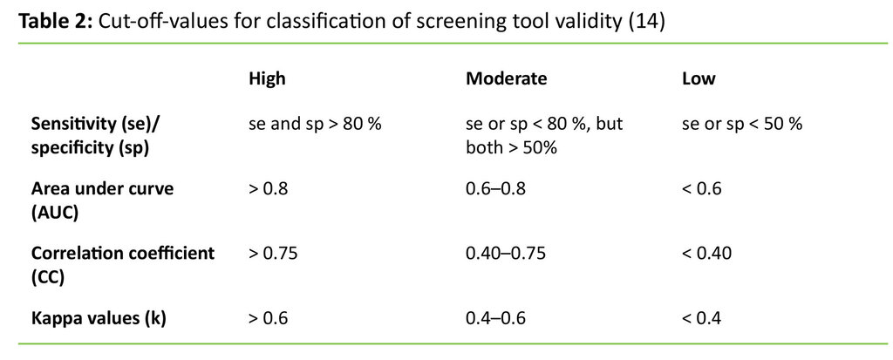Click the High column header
click(x=267, y=79)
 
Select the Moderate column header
click(x=506, y=79)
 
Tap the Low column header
click(x=698, y=79)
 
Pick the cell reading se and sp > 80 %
click(x=315, y=124)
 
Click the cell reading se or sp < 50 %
click(x=741, y=124)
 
